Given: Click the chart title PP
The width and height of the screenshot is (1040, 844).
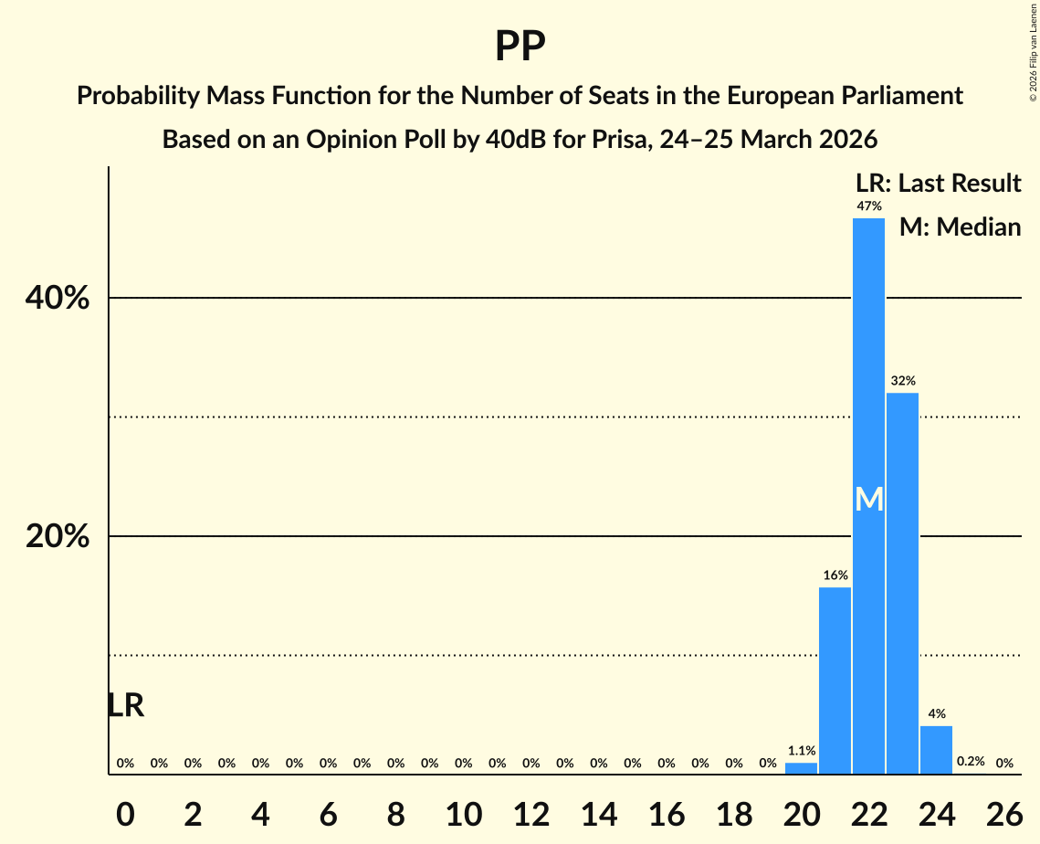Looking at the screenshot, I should pyautogui.click(x=520, y=46).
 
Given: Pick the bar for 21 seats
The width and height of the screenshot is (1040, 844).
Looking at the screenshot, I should pyautogui.click(x=835, y=680).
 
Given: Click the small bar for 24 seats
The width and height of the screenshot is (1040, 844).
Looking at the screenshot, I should pyautogui.click(x=936, y=750).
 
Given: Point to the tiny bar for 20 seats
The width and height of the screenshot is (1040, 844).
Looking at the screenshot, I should pyautogui.click(x=801, y=768).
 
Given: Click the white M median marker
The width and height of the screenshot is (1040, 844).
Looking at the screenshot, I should pyautogui.click(x=869, y=500).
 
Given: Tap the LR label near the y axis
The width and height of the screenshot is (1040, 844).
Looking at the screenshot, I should pyautogui.click(x=125, y=705).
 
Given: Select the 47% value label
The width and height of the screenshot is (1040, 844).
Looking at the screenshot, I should pyautogui.click(x=868, y=206).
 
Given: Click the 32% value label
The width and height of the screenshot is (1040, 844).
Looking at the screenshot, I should pyautogui.click(x=902, y=380).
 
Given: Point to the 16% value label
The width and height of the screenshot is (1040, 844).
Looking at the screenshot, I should pyautogui.click(x=835, y=575).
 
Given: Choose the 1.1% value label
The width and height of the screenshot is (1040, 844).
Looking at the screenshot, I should pyautogui.click(x=801, y=751).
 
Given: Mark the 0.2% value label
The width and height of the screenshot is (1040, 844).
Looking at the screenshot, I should pyautogui.click(x=970, y=762).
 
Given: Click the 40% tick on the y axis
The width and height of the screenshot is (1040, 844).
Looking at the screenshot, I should pyautogui.click(x=57, y=298).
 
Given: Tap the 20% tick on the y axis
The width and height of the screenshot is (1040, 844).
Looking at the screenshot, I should pyautogui.click(x=57, y=536).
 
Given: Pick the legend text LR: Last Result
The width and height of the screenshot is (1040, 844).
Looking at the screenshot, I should pyautogui.click(x=938, y=184).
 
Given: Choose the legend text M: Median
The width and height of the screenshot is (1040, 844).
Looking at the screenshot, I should pyautogui.click(x=960, y=227).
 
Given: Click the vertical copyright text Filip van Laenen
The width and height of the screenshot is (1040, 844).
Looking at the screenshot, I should pyautogui.click(x=1033, y=50).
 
